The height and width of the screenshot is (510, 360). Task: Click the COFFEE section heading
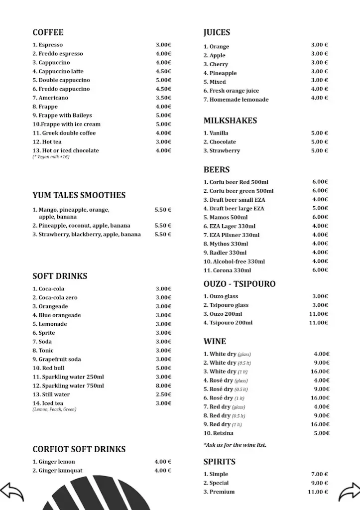pos(48,33)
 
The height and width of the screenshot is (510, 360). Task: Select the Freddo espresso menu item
pos(58,54)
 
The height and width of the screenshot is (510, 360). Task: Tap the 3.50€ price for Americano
pos(163,98)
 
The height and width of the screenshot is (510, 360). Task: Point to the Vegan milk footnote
pos(51,157)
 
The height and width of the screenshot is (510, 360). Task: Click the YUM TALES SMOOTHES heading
pos(79,195)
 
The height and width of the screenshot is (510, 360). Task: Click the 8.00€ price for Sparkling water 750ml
pos(163,385)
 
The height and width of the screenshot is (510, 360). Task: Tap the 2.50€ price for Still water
pos(163,394)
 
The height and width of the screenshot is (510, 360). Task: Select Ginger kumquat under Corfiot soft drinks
pos(58,471)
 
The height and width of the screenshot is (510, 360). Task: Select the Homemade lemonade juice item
pos(236,100)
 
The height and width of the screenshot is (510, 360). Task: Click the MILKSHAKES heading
pos(230,121)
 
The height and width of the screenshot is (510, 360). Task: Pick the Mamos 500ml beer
pos(226,218)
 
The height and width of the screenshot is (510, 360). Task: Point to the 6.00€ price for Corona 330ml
pos(320,270)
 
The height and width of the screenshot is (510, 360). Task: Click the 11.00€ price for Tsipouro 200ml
pos(319,323)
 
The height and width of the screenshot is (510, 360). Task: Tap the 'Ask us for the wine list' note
pos(235,445)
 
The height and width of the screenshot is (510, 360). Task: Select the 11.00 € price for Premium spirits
pos(318,492)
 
